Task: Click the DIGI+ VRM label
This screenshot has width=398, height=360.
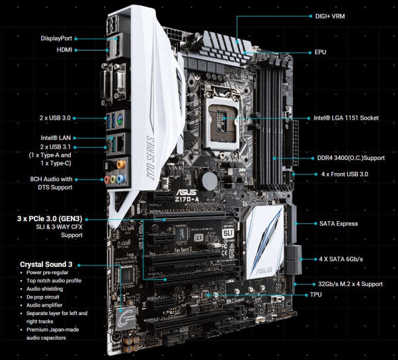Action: coord(330,17)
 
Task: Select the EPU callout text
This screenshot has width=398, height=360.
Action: coord(321,52)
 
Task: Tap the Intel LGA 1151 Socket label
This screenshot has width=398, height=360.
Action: coord(346,118)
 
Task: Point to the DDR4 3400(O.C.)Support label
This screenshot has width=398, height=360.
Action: coord(351,158)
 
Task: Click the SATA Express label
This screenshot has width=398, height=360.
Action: coord(338,224)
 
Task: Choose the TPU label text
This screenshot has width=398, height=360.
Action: coord(316,295)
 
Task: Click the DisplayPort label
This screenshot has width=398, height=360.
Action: coord(56,38)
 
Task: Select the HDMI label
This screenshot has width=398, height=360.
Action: coord(65,50)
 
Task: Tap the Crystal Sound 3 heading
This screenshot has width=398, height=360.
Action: coord(46,264)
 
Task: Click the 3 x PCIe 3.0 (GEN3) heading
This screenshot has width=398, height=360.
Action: coord(50,219)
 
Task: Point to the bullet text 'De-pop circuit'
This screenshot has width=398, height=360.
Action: coord(43,297)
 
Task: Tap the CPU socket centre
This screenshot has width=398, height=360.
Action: coord(223,119)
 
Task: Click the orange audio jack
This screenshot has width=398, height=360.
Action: coord(121,165)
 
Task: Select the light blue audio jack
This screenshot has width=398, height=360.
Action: coord(121,179)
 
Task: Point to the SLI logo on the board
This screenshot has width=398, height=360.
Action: coord(227,233)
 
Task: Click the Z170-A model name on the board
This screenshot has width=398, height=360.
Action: coord(187,199)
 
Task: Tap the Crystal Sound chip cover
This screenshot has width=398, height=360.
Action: coord(126,318)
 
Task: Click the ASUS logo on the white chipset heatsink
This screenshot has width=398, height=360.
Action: coord(264,271)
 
